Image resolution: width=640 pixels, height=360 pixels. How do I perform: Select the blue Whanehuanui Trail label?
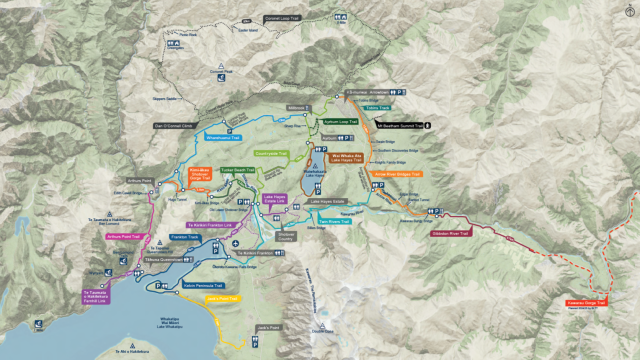pos(222,138)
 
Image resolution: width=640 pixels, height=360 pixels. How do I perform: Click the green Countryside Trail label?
pos(272,154)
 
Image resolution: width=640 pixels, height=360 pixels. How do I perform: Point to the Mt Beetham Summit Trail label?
pos(398,126)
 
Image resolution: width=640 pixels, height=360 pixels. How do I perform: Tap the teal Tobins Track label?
pos(377,107)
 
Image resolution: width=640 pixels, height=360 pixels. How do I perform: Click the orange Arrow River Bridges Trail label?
pos(397,173)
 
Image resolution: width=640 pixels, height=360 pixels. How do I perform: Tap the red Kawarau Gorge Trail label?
pos(588,301)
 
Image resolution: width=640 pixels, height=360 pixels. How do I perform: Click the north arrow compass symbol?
pos(627,11)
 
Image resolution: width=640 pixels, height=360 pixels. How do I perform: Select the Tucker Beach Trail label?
pos(238,170)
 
